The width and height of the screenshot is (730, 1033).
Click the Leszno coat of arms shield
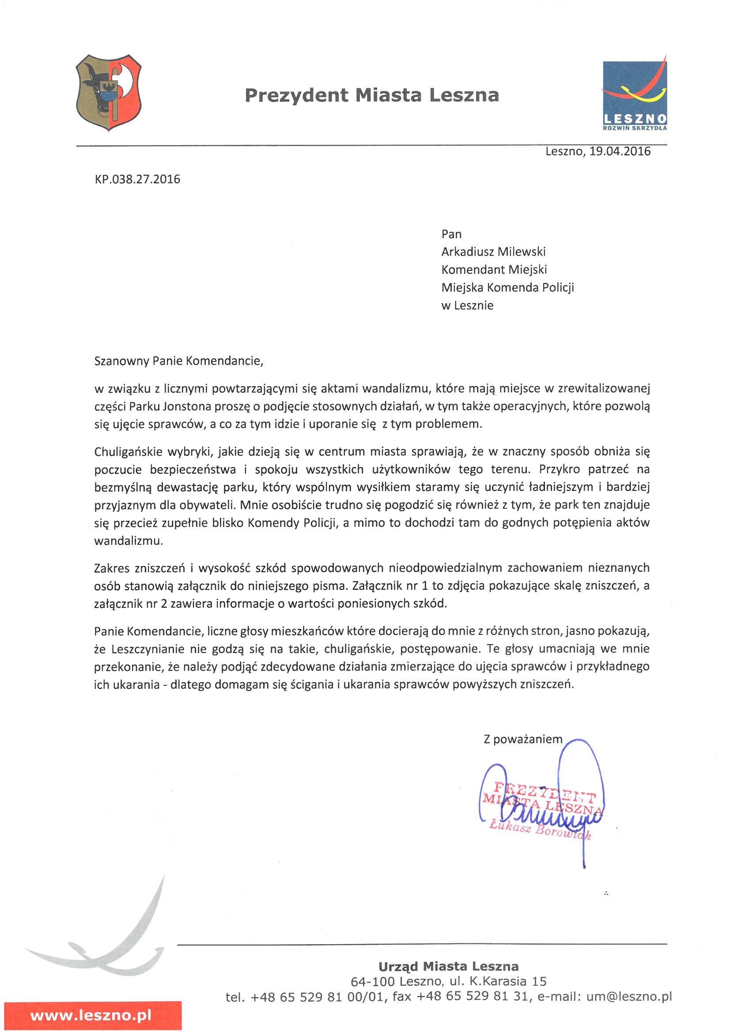tap(109, 92)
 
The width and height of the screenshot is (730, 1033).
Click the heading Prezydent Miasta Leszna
tap(371, 95)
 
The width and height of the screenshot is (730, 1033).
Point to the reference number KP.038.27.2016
tap(137, 179)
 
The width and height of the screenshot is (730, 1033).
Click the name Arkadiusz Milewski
tap(493, 252)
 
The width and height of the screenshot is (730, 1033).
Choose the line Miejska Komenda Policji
tap(507, 288)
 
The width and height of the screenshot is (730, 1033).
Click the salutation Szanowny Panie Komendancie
tap(178, 361)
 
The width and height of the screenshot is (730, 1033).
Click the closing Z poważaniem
tap(522, 739)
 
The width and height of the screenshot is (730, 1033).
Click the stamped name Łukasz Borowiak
tap(540, 830)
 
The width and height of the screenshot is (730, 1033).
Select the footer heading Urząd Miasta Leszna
tap(448, 966)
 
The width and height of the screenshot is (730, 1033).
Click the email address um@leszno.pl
tap(629, 997)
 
